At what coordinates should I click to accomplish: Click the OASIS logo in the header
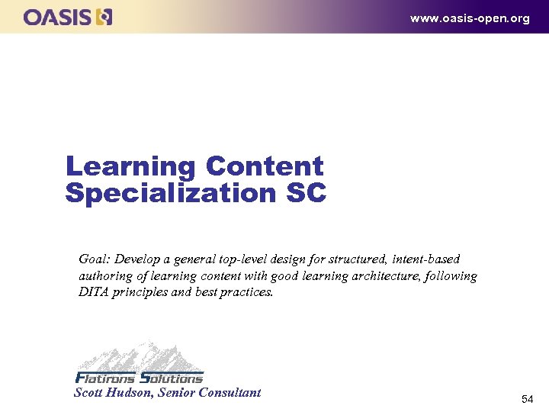pyautogui.click(x=68, y=16)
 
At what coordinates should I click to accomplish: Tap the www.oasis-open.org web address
pyautogui.click(x=469, y=18)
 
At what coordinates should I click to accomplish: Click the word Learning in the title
pyautogui.click(x=130, y=166)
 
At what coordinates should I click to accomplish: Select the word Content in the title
pyautogui.click(x=265, y=166)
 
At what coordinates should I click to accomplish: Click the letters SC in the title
pyautogui.click(x=305, y=193)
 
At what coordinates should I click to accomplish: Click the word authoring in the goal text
pyautogui.click(x=106, y=275)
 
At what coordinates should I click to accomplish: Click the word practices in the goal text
pyautogui.click(x=246, y=291)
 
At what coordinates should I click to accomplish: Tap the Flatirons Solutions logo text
pyautogui.click(x=140, y=378)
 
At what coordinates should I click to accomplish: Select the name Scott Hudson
pyautogui.click(x=114, y=393)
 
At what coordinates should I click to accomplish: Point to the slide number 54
pyautogui.click(x=528, y=399)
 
